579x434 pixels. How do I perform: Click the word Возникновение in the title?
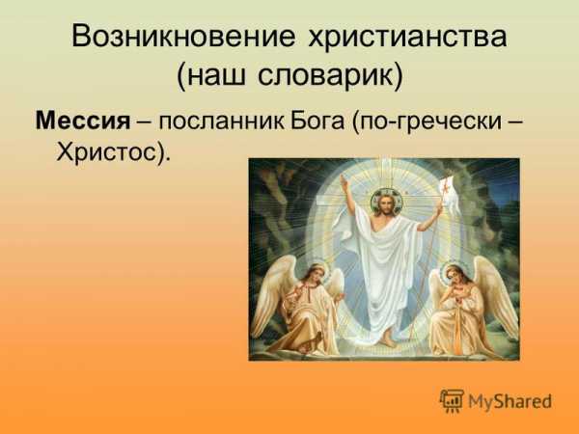pyautogui.click(x=183, y=37)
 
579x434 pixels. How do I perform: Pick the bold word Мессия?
pyautogui.click(x=83, y=121)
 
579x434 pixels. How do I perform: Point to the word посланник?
pyautogui.click(x=222, y=122)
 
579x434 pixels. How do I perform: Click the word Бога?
pyautogui.click(x=317, y=122)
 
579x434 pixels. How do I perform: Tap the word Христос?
pyautogui.click(x=106, y=151)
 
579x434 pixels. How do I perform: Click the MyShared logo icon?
pyautogui.click(x=452, y=401)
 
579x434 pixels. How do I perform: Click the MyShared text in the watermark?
pyautogui.click(x=510, y=401)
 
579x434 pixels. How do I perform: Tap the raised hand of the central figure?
pyautogui.click(x=345, y=182)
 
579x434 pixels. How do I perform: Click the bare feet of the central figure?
pyautogui.click(x=386, y=338)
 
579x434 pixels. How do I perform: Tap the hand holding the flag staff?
pyautogui.click(x=439, y=210)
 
